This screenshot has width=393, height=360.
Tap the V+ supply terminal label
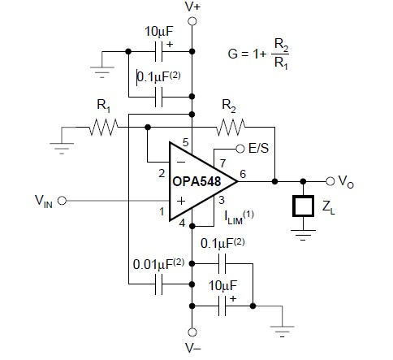pyautogui.click(x=192, y=7)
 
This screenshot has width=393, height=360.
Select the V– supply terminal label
pyautogui.click(x=193, y=350)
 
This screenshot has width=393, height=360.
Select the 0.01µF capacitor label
pyautogui.click(x=157, y=264)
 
